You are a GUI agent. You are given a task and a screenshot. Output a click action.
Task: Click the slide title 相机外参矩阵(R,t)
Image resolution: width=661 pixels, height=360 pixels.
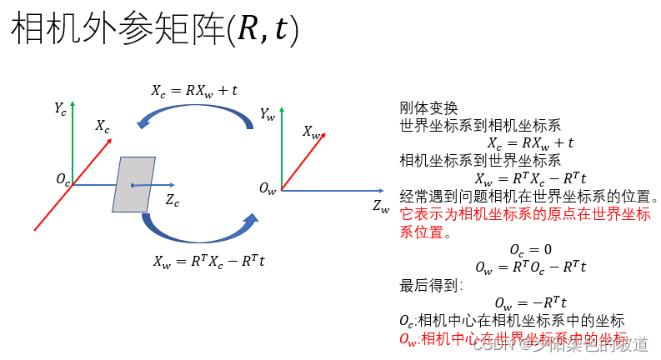pos(154,31)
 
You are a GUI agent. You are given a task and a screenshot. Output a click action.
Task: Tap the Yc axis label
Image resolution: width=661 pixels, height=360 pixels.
pos(60,107)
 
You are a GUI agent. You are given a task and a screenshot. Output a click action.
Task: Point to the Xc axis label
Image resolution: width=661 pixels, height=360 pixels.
pos(102,126)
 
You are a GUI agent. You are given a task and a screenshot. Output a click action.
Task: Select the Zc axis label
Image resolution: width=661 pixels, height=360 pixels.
pos(172,199)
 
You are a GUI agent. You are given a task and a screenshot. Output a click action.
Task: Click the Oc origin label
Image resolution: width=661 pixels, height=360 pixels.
pos(63,179)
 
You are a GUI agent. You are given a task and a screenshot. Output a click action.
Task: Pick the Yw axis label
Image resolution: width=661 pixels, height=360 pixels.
pos(267,114)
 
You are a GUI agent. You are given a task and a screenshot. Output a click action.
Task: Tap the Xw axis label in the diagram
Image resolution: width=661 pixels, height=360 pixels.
pos(312,132)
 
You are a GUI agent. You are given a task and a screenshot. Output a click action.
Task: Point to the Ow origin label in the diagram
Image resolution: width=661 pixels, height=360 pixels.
pos(268,190)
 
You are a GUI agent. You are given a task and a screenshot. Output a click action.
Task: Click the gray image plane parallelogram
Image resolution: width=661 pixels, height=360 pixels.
pos(133,184)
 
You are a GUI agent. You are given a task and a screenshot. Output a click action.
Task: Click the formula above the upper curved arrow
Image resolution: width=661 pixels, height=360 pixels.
pos(194,91)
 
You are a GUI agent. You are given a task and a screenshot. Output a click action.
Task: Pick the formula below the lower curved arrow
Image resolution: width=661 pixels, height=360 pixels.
pos(209,260)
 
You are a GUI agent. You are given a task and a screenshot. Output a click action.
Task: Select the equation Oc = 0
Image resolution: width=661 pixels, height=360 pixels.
pos(530,249)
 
